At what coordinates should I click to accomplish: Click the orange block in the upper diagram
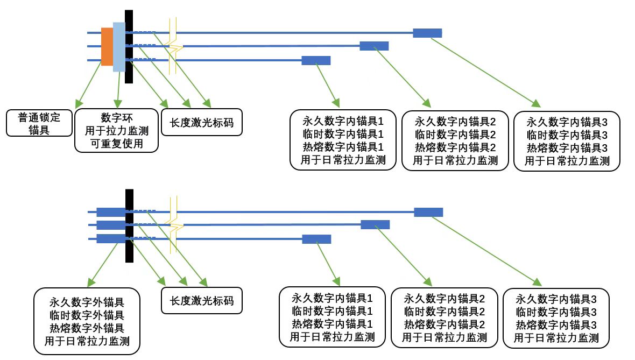[107, 46]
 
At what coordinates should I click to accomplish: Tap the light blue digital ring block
[118, 47]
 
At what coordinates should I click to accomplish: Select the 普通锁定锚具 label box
[38, 123]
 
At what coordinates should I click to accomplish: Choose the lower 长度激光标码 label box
[201, 300]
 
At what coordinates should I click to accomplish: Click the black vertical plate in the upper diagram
[129, 47]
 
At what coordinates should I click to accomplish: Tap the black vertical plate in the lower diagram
[129, 226]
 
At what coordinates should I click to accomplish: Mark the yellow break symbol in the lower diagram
[173, 224]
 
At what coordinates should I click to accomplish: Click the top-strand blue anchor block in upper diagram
[427, 33]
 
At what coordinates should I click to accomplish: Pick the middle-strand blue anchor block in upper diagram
[373, 46]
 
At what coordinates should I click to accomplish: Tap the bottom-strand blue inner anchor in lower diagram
[316, 239]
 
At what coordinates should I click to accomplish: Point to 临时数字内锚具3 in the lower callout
[556, 311]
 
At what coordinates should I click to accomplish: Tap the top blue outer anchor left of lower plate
[110, 211]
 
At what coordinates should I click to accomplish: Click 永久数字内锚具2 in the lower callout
[444, 298]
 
